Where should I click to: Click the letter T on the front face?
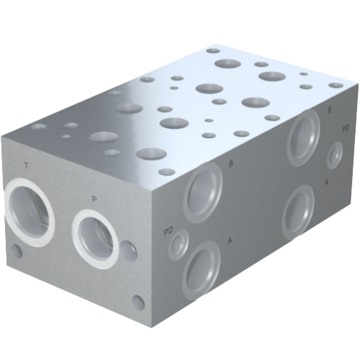(26, 166)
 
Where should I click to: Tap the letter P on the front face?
(94, 198)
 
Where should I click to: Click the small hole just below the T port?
(17, 252)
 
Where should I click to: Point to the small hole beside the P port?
(130, 251)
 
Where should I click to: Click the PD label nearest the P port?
(168, 230)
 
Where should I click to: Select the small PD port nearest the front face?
(177, 246)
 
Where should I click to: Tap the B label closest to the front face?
(230, 164)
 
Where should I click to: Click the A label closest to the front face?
(230, 240)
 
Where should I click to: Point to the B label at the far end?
(330, 110)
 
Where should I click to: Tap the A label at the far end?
(327, 183)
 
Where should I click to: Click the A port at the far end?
(300, 210)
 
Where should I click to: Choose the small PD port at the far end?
(335, 155)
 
